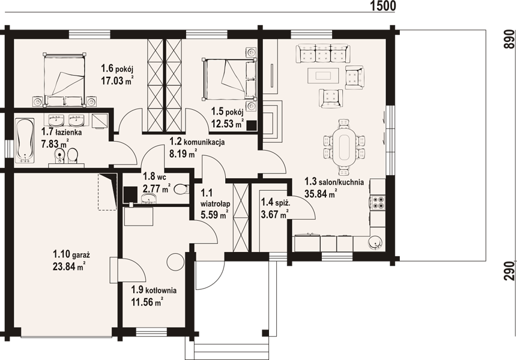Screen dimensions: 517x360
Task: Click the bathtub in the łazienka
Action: [x=25, y=140]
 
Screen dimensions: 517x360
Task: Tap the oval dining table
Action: [x=343, y=146]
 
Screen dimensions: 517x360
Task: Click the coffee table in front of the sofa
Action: [x=323, y=76]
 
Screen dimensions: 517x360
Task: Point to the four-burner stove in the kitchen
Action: [x=377, y=203]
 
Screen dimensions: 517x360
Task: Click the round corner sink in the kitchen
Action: [x=375, y=243]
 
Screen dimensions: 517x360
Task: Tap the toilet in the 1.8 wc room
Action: [x=181, y=189]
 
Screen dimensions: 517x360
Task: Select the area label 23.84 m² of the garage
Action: [x=70, y=266]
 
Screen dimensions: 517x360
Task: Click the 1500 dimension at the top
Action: [x=383, y=6]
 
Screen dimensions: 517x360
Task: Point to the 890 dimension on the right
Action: [x=509, y=40]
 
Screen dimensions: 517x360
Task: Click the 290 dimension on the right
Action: [x=509, y=271]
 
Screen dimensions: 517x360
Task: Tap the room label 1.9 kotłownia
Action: [x=154, y=290]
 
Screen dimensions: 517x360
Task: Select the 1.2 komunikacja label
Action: [x=197, y=142]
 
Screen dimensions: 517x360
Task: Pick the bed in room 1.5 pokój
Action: [x=230, y=79]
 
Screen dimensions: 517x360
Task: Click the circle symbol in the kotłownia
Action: [x=175, y=261]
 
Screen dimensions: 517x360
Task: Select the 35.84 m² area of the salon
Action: [x=321, y=194]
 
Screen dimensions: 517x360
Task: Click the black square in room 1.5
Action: [x=252, y=125]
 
